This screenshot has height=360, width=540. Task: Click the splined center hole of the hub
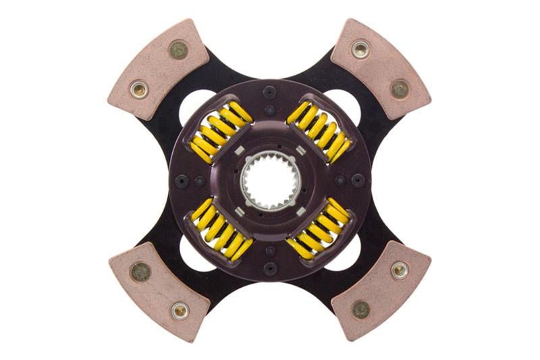pos(269,180)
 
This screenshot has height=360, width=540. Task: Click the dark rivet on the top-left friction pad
pos(178,49)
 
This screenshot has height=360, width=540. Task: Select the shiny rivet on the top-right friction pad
pos(360,49)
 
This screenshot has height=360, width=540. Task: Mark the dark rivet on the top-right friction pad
pos(400,88)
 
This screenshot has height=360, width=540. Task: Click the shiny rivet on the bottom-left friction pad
pos(179,310)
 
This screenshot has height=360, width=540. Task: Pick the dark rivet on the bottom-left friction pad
pos(140,272)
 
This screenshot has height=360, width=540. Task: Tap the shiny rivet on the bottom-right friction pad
pos(400,270)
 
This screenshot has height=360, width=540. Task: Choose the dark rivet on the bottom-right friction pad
pos(360,309)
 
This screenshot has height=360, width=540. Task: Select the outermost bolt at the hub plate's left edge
pos(182,180)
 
